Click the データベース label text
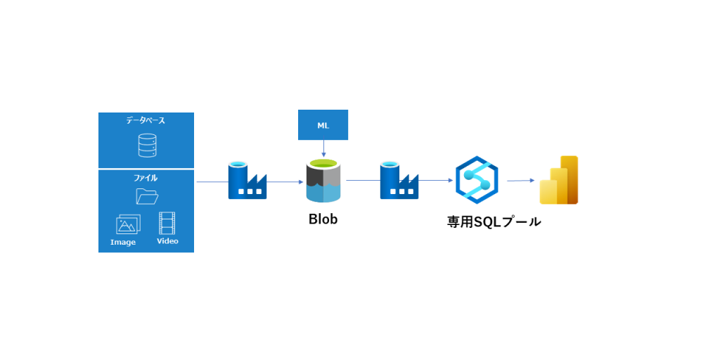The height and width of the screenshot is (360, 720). (x=146, y=121)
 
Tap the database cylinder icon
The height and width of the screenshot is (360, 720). (x=146, y=146)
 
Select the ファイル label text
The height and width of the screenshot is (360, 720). (x=146, y=178)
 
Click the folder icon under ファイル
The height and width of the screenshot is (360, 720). (x=146, y=196)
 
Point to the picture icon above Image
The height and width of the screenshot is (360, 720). (x=128, y=224)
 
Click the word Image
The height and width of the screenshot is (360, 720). (x=123, y=243)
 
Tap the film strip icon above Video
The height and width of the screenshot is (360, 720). (x=167, y=223)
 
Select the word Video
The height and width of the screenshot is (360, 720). (x=167, y=241)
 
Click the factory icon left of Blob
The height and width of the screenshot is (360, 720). (x=247, y=181)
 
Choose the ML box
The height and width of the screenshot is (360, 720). (x=323, y=125)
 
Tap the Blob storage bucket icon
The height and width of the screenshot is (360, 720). (x=323, y=181)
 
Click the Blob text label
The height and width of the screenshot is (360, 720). (x=323, y=219)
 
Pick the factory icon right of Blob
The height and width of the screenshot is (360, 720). (x=399, y=181)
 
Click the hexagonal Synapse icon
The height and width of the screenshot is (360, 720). (x=476, y=180)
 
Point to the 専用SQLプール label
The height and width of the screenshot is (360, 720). (x=494, y=221)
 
